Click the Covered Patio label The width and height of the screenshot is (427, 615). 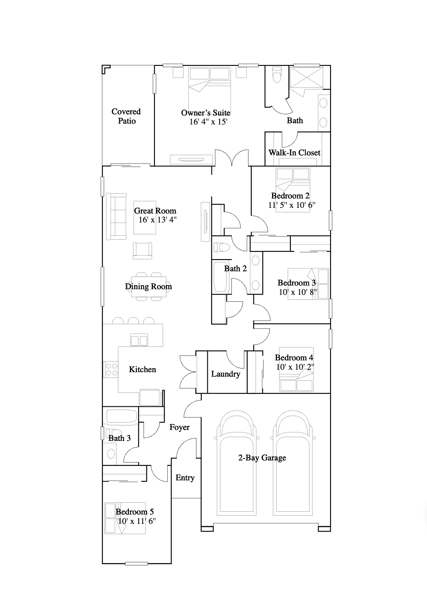click(x=126, y=116)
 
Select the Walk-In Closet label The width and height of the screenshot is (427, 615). click(x=294, y=153)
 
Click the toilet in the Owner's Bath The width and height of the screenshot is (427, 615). click(x=277, y=76)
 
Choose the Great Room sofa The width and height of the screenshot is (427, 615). click(x=116, y=216)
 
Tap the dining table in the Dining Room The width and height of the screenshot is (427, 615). click(x=148, y=286)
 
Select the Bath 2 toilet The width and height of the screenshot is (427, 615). click(x=222, y=247)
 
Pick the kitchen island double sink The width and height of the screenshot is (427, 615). click(x=139, y=340)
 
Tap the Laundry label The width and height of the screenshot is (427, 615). click(x=226, y=374)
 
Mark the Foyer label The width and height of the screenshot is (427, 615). click(x=179, y=427)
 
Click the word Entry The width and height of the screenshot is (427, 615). click(x=185, y=478)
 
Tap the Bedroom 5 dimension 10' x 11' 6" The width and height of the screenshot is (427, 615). click(x=136, y=521)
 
